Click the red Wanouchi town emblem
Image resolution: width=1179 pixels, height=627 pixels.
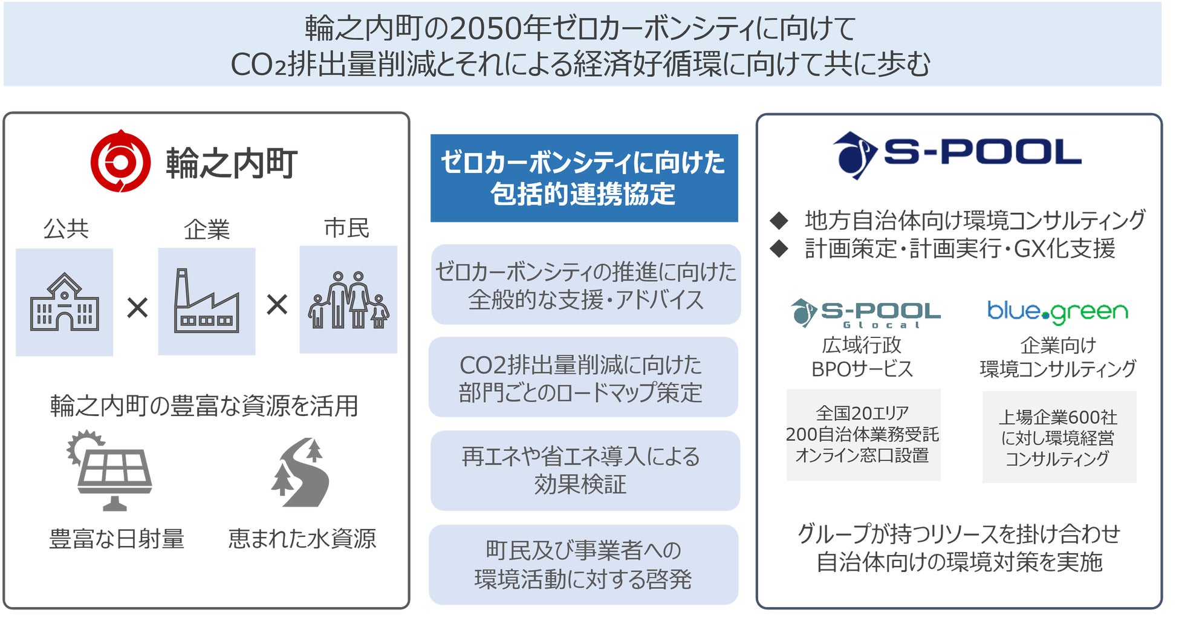pos(120,161)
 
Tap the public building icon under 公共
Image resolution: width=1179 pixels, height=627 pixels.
pos(64,302)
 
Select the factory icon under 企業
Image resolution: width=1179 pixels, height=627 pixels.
pos(206,301)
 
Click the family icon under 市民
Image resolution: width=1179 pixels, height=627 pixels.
pos(348,300)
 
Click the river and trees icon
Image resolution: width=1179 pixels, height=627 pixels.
pos(300,473)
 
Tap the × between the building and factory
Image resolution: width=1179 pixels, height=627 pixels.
pos(137,308)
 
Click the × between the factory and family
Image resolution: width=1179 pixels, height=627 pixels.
pos(277,305)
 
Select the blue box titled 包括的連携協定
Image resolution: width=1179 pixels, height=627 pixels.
pos(583,178)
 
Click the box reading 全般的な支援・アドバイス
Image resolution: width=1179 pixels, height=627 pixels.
pos(585,285)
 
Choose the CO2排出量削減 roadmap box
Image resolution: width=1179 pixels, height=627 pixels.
pos(583,377)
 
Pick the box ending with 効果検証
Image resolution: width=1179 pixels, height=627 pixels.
pos(585,470)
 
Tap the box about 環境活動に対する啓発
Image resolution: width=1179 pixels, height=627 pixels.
pos(583,565)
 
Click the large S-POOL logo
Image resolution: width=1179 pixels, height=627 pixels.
pos(957,154)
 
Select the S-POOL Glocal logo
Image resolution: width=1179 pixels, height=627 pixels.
pos(865,313)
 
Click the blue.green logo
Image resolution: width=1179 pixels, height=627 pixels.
pos(1057,311)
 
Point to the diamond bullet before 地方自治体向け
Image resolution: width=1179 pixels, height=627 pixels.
pos(779,221)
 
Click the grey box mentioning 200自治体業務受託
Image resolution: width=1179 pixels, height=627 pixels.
pos(863,435)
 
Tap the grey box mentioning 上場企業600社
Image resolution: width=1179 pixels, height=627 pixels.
pos(1059,437)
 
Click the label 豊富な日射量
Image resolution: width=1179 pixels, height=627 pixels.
pos(117,539)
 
